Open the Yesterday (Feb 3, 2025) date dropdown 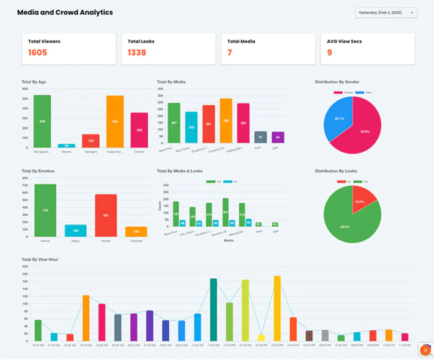[385, 13]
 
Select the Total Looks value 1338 [137, 53]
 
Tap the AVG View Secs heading [344, 42]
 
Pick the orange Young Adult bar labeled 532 [115, 122]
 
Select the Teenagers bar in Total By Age [91, 141]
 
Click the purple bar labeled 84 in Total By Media [278, 138]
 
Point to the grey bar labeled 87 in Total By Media [260, 138]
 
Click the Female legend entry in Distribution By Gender [342, 92]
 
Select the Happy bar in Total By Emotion [76, 230]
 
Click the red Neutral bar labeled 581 [105, 215]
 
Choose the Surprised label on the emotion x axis [136, 240]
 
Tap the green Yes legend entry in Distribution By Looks [365, 182]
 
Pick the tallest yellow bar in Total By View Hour [277, 309]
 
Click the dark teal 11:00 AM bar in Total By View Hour [213, 310]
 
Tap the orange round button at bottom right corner [425, 350]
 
